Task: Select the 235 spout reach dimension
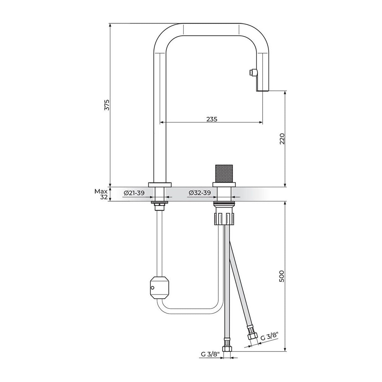212,119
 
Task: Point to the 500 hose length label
282,276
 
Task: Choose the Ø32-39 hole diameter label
199,193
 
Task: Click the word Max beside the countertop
101,192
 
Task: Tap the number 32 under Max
104,197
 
